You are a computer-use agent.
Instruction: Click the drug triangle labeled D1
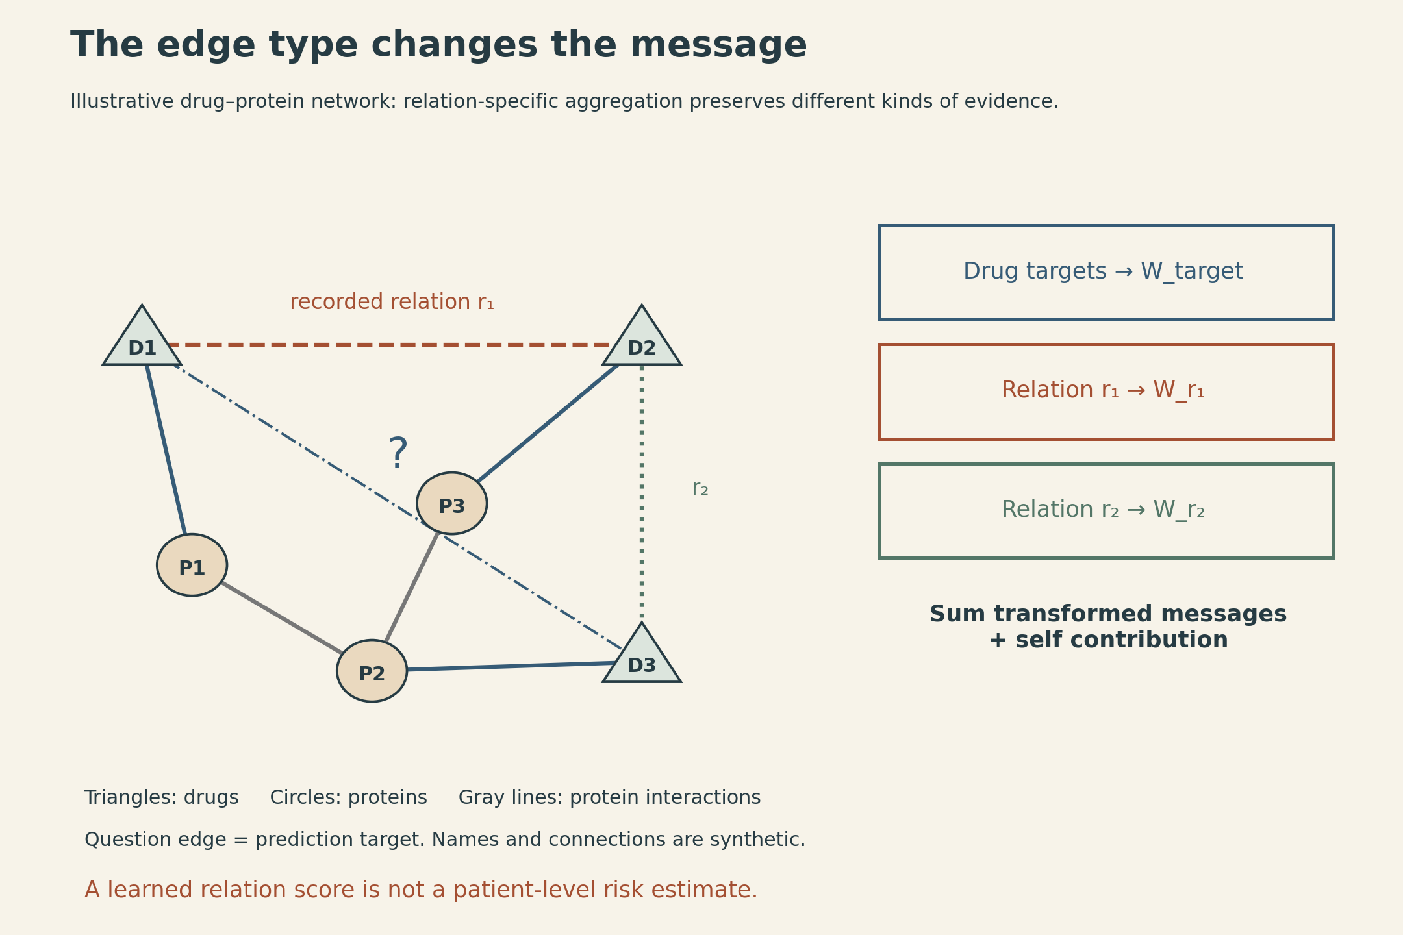pyautogui.click(x=142, y=341)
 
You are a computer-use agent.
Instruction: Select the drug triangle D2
pyautogui.click(x=642, y=341)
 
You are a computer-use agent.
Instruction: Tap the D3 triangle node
pyautogui.click(x=642, y=658)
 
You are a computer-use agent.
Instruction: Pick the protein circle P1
pyautogui.click(x=192, y=565)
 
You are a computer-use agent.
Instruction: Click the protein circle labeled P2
pyautogui.click(x=372, y=671)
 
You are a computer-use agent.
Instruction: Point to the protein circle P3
pyautogui.click(x=452, y=503)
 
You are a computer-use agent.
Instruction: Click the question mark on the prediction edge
pyautogui.click(x=398, y=454)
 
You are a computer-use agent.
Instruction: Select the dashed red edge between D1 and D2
pyautogui.click(x=390, y=345)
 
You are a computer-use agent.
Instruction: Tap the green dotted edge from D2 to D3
pyautogui.click(x=642, y=492)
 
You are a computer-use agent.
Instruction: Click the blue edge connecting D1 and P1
pyautogui.click(x=166, y=449)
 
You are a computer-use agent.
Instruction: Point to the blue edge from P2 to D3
pyautogui.click(x=511, y=666)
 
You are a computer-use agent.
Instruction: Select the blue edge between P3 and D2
pyautogui.click(x=548, y=423)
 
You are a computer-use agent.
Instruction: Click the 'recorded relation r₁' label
pyautogui.click(x=392, y=303)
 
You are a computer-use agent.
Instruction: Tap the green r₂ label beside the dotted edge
pyautogui.click(x=700, y=488)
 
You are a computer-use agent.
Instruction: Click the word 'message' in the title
pyautogui.click(x=718, y=45)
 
